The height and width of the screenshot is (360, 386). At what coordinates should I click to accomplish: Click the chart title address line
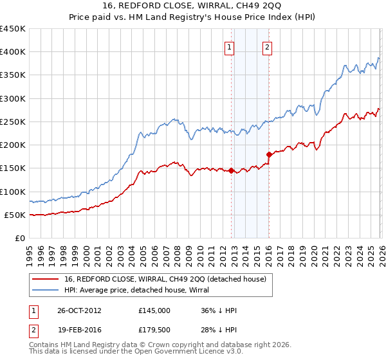(x=193, y=5)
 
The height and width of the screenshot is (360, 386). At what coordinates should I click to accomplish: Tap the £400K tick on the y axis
(x=13, y=52)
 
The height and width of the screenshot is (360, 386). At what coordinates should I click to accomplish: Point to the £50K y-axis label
(x=14, y=215)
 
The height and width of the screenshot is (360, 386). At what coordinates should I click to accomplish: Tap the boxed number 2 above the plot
(x=267, y=46)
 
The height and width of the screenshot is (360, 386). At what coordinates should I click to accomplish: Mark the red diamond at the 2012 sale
(x=231, y=170)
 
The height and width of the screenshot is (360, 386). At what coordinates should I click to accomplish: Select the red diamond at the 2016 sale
(x=268, y=154)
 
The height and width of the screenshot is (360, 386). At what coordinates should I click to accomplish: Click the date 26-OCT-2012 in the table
(x=78, y=310)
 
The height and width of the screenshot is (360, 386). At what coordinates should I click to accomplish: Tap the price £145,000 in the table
(x=154, y=310)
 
